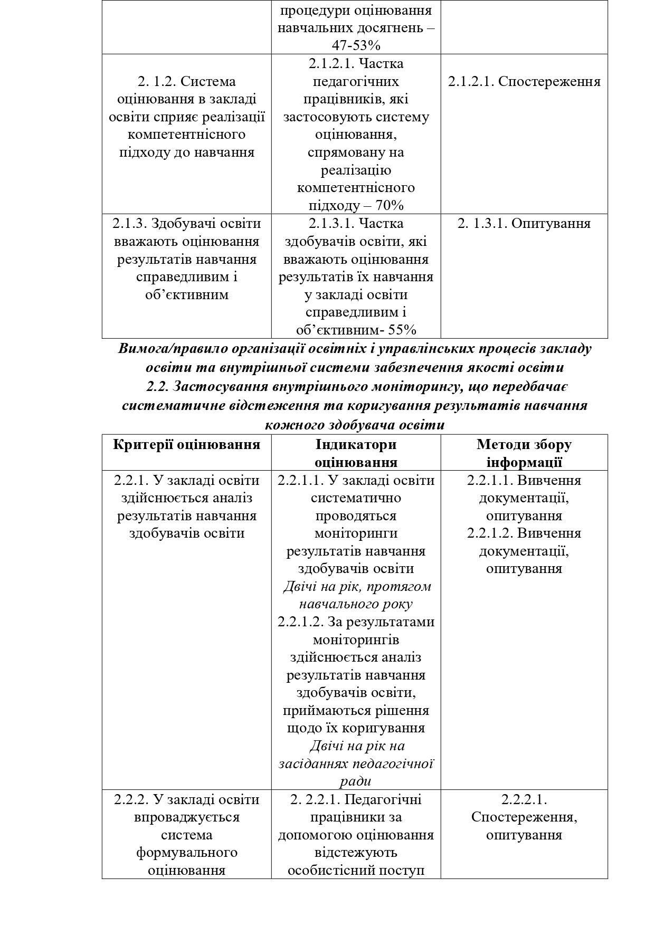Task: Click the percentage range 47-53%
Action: [x=356, y=45]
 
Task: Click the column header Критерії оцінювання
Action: [x=186, y=444]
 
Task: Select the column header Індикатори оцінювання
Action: [x=356, y=453]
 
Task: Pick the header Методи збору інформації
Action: [x=524, y=453]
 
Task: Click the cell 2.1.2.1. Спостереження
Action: [x=524, y=82]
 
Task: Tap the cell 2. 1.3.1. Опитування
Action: [x=524, y=223]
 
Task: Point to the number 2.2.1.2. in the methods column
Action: [x=490, y=533]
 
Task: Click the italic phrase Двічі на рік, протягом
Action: [x=357, y=587]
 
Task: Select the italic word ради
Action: [x=356, y=781]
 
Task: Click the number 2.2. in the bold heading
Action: [x=157, y=387]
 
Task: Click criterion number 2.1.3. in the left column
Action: [x=130, y=223]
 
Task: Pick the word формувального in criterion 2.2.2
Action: [x=186, y=853]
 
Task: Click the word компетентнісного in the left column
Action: [x=186, y=135]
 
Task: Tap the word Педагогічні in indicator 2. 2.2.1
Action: [x=383, y=799]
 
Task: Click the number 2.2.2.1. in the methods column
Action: [x=524, y=799]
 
